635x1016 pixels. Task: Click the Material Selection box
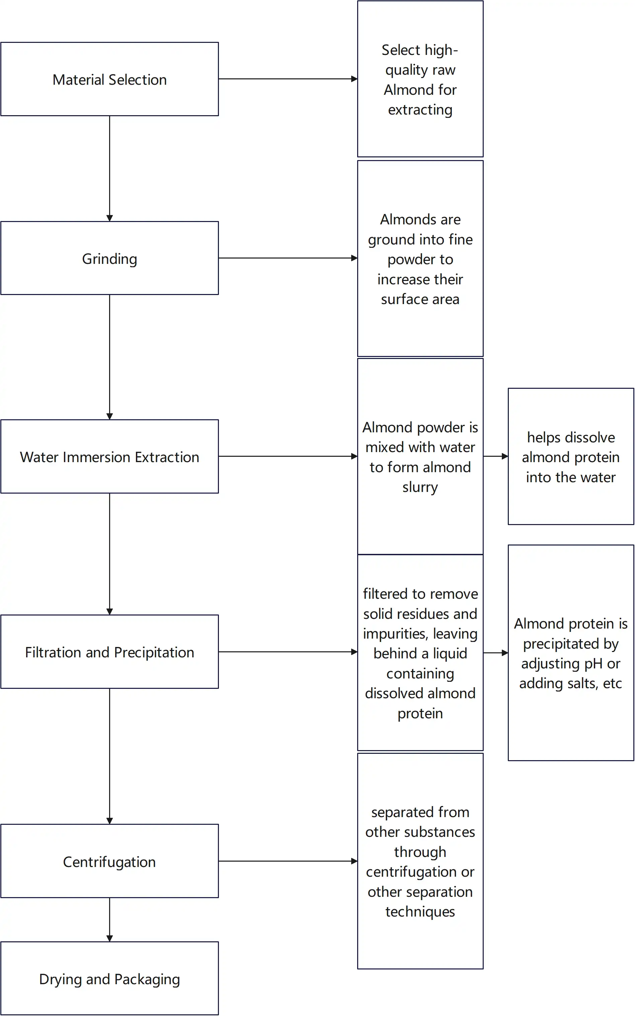click(109, 79)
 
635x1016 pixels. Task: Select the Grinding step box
click(109, 258)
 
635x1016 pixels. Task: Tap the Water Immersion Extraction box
click(109, 456)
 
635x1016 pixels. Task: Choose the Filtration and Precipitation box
click(109, 652)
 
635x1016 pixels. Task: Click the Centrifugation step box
click(109, 861)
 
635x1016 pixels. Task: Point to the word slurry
click(420, 487)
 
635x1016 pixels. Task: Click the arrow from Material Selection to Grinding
click(109, 168)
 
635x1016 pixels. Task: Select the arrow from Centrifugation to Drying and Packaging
click(109, 919)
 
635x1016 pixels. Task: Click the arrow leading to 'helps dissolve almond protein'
click(495, 456)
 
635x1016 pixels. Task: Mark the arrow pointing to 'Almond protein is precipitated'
click(495, 653)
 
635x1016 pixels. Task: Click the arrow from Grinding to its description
click(288, 258)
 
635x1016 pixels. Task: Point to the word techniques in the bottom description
click(420, 912)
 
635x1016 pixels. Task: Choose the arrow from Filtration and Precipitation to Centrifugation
click(109, 756)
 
